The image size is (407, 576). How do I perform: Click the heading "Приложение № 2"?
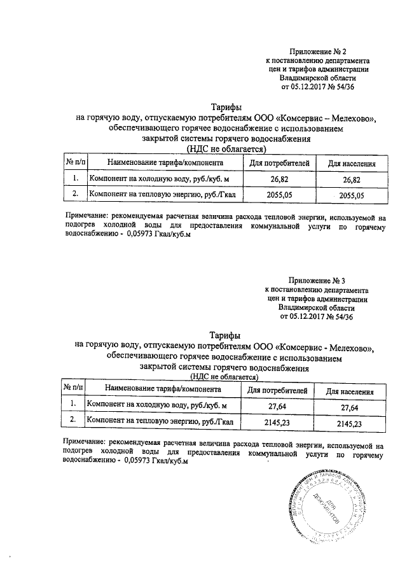click(x=316, y=51)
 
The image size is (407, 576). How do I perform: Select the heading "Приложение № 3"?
click(x=316, y=281)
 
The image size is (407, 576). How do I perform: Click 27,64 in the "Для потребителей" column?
click(x=278, y=406)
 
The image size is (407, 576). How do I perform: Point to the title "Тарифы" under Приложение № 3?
click(x=225, y=335)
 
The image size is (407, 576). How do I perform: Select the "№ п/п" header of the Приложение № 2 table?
click(x=76, y=163)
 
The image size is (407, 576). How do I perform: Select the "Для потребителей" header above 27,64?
click(x=278, y=390)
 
